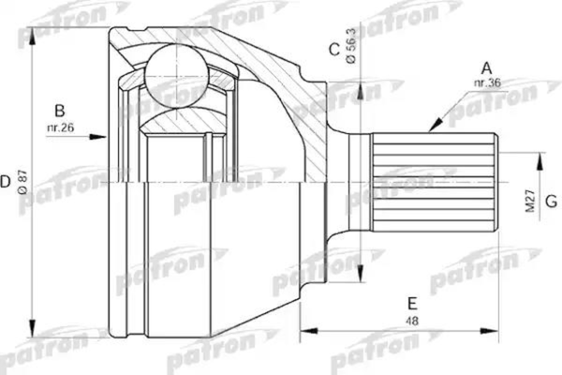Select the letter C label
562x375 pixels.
click(x=333, y=50)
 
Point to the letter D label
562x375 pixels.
click(x=7, y=178)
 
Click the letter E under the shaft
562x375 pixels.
click(x=411, y=303)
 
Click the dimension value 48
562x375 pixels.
click(x=411, y=321)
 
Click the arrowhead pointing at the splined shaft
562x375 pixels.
click(x=434, y=125)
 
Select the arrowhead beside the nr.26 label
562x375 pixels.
click(x=100, y=137)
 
